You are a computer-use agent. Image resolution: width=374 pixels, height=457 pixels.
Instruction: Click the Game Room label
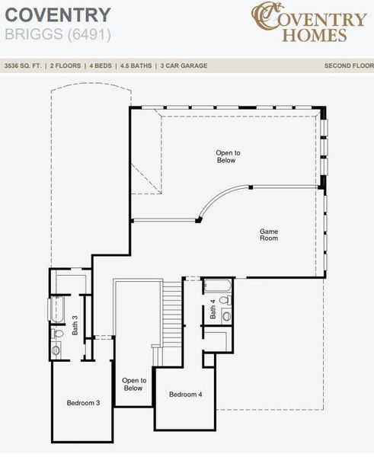[268, 235]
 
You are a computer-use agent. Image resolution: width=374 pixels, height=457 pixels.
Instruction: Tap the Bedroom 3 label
[83, 402]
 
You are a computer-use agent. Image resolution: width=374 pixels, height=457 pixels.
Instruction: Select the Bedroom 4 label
[186, 394]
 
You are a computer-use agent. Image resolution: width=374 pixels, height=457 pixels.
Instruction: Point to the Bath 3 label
[75, 325]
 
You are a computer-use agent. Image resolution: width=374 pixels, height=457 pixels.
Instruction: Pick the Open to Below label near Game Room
[227, 157]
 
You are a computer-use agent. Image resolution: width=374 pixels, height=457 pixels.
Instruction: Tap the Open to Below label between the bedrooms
[133, 384]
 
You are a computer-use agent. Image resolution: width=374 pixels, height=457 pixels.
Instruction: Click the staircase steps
[173, 312]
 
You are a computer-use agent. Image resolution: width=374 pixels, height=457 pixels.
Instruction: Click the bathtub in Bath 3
[54, 308]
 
